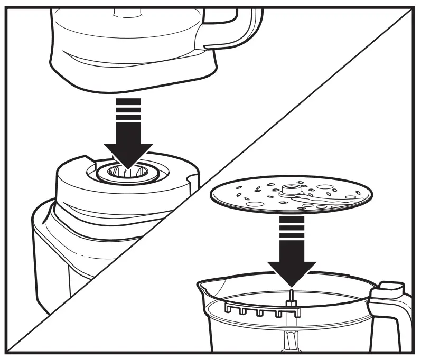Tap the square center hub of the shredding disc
[x=291, y=187]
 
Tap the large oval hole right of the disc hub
[x=326, y=186]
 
